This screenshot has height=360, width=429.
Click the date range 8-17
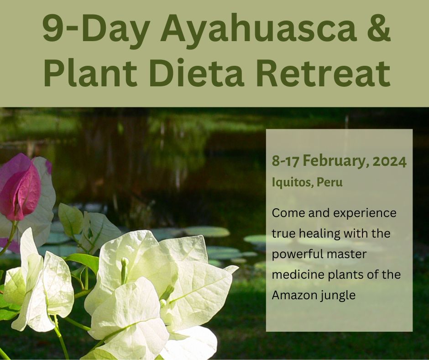click(x=285, y=161)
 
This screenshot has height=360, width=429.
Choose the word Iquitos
click(x=293, y=182)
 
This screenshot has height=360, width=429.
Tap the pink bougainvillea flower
click(x=21, y=188)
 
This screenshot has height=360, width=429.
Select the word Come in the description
click(x=288, y=213)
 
